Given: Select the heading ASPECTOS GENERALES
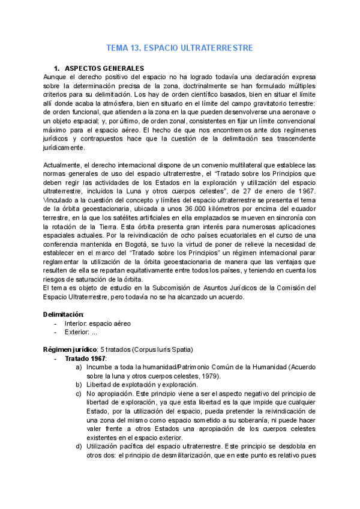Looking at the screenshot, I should coord(104,68).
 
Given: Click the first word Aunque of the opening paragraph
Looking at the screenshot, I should coord(56,77).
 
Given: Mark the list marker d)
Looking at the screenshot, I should coord(79,447).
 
